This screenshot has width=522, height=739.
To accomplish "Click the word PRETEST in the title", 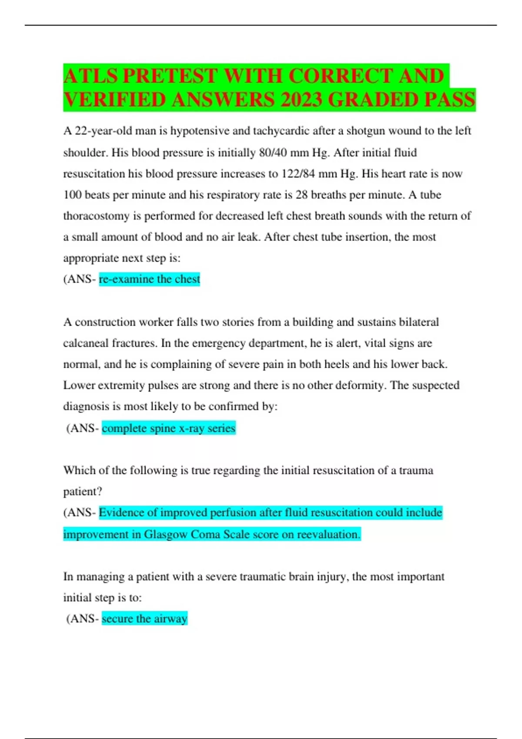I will tap(170, 76).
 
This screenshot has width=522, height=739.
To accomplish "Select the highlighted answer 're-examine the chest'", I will tap(149, 279).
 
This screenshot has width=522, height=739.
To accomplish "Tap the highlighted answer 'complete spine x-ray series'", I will tap(168, 428).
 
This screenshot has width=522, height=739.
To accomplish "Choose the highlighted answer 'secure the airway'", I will tap(144, 619).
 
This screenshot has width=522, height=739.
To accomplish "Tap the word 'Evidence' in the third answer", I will tap(122, 513).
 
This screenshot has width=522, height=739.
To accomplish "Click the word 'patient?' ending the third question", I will tap(83, 492).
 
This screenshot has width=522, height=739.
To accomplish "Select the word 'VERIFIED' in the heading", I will tap(114, 100).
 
